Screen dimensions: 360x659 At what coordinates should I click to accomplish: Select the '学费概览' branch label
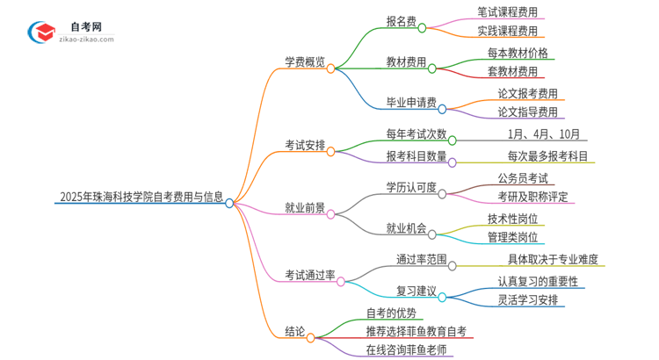pos(304,62)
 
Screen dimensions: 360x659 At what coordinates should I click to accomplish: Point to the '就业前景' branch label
pos(304,208)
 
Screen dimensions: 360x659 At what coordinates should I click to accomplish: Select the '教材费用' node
pos(406,62)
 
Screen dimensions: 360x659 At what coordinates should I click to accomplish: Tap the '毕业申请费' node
pos(411,103)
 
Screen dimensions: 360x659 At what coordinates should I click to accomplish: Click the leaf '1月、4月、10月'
pos(544,133)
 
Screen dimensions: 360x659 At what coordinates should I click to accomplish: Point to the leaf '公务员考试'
pos(522,177)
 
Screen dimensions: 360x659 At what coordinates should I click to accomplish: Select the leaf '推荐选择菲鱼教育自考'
pos(416,331)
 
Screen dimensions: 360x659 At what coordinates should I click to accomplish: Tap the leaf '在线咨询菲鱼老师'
pos(406,349)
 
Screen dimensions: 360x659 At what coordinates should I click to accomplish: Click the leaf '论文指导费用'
pos(527,112)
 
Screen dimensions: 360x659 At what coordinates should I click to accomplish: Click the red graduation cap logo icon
pos(40,31)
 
